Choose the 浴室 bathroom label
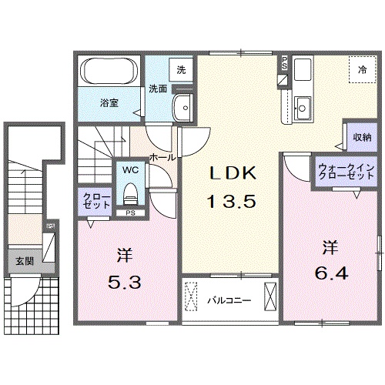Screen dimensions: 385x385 [108, 101]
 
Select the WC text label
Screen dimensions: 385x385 [129, 168]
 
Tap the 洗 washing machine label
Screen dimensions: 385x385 [181, 69]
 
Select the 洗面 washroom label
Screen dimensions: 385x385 [158, 88]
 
